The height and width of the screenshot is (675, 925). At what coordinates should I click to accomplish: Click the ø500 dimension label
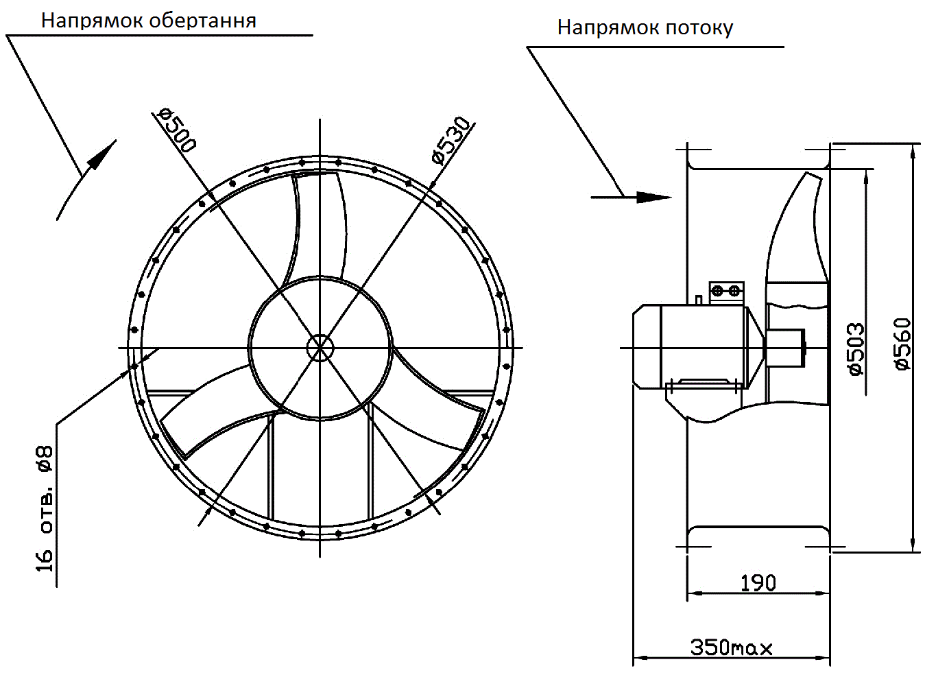(177, 129)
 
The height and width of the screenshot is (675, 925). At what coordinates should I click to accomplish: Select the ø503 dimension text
(856, 349)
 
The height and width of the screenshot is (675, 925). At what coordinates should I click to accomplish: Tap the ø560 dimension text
(903, 344)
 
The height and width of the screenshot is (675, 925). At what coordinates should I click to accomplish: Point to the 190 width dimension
(758, 583)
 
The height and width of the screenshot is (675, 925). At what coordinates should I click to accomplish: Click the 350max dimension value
(731, 647)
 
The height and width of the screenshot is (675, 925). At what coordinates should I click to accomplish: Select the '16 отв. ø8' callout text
(45, 508)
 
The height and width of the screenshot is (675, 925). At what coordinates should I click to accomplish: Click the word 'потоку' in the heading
(699, 27)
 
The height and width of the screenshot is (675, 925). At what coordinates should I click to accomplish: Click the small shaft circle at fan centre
(320, 347)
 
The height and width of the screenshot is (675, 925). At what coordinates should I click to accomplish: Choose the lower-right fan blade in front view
(439, 405)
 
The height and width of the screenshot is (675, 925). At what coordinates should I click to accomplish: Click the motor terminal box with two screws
(726, 291)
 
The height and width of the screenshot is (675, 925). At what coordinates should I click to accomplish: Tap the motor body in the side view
(703, 346)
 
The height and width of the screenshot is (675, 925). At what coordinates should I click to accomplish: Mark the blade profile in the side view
(799, 233)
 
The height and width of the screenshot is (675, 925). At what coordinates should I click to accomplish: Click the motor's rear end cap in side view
(645, 346)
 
